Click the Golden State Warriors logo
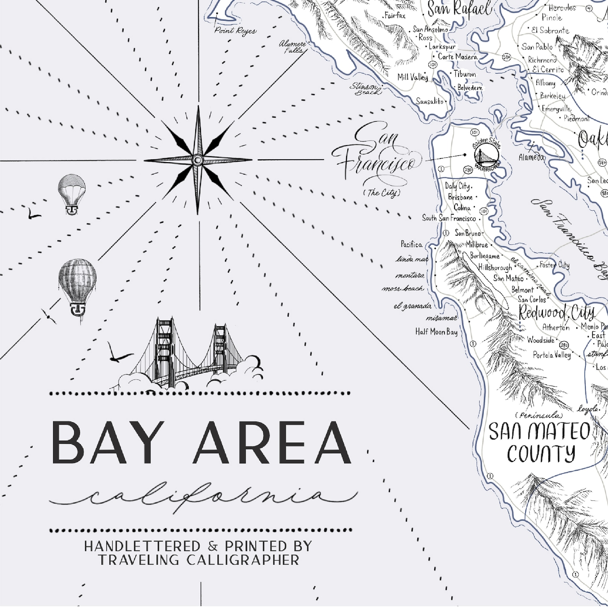[x=487, y=155]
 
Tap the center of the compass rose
[x=198, y=160]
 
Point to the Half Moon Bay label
[x=436, y=332]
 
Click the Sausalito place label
[x=430, y=101]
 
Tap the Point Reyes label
[x=235, y=31]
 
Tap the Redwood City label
[x=556, y=314]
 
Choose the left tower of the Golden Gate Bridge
[x=165, y=345]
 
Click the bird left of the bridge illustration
[x=116, y=354]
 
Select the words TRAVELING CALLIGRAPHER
[x=198, y=560]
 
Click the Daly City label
[x=458, y=186]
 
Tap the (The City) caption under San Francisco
[x=381, y=193]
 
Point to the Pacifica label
[x=412, y=244]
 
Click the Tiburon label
[x=465, y=74]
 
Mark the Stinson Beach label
[x=365, y=89]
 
